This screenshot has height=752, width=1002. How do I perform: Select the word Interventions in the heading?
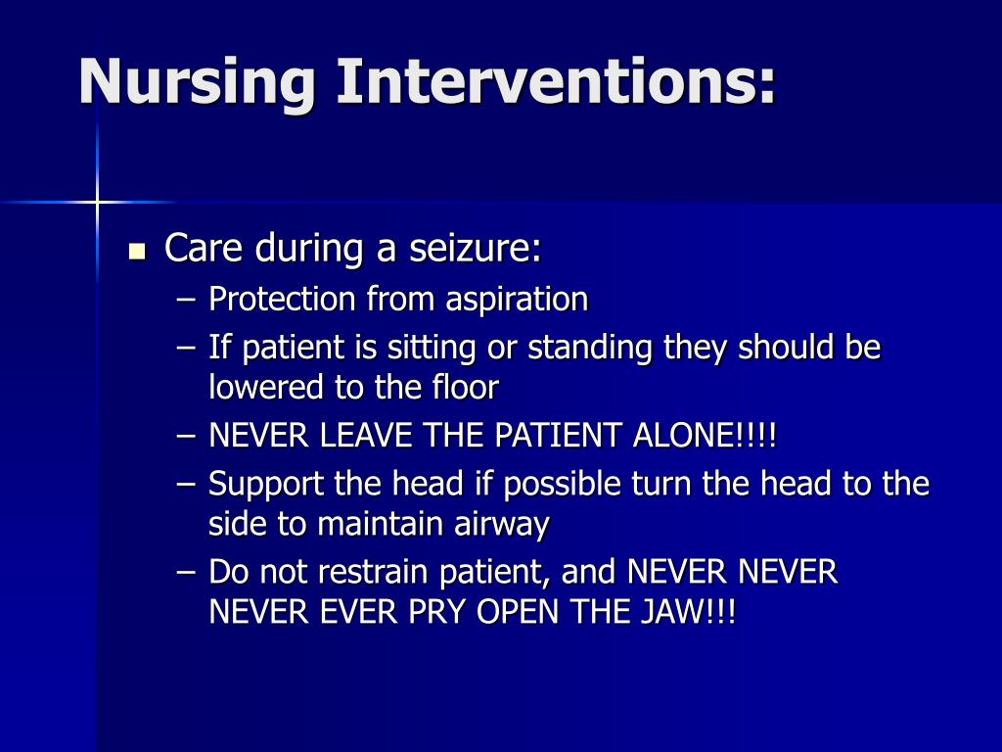pyautogui.click(x=556, y=81)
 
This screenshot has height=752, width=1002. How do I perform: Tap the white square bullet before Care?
pyautogui.click(x=137, y=251)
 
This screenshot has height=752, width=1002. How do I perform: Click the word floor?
pyautogui.click(x=464, y=388)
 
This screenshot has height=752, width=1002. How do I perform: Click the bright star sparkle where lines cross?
pyautogui.click(x=97, y=202)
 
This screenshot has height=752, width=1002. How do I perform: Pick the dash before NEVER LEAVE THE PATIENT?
pyautogui.click(x=187, y=436)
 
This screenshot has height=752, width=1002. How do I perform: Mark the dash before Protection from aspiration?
pyautogui.click(x=187, y=299)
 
